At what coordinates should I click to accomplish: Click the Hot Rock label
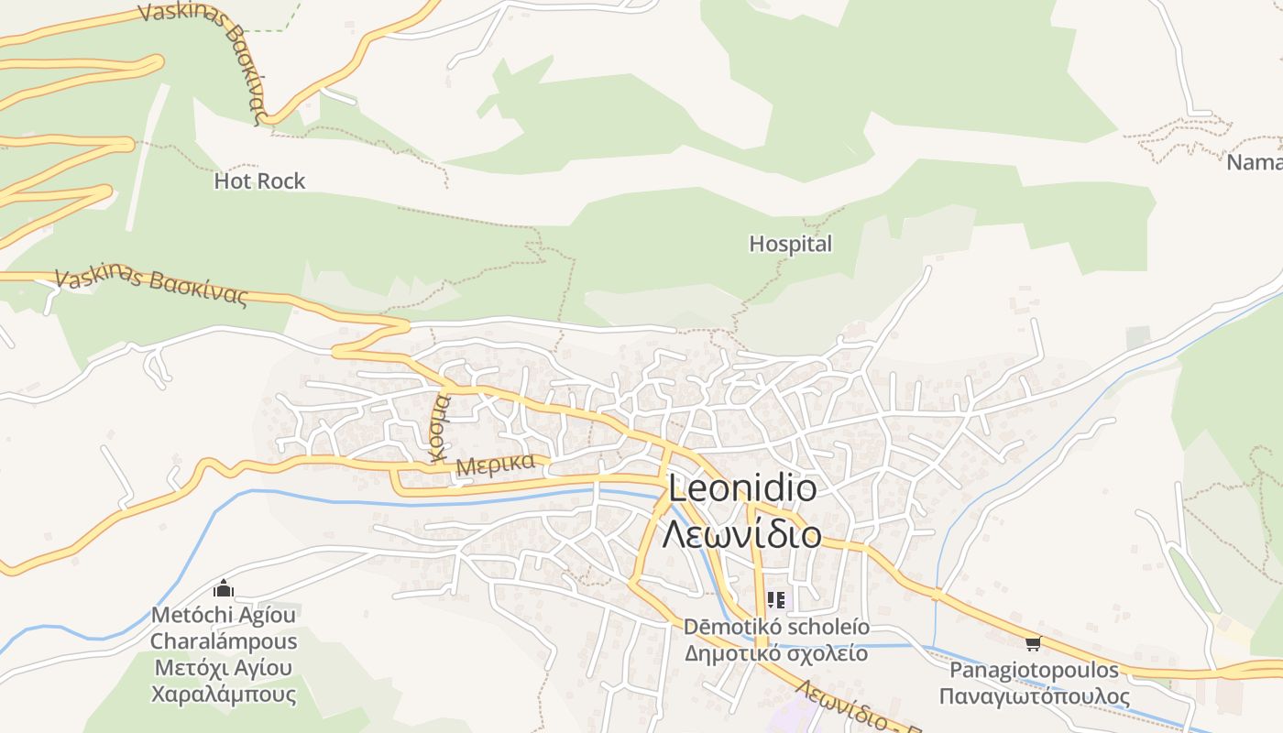coord(259,181)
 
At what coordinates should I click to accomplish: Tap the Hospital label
coord(790,244)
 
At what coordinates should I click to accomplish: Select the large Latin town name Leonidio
coord(742,488)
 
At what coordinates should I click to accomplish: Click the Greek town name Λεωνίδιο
coord(742,532)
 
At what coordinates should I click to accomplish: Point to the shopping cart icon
coord(1033,643)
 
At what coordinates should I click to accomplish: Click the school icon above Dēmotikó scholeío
coord(776,600)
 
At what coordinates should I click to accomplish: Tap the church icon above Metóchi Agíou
coord(224,589)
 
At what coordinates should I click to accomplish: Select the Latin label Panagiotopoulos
coord(1034,670)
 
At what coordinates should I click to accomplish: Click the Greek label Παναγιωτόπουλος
coord(1034,696)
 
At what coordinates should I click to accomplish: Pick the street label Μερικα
coord(495,464)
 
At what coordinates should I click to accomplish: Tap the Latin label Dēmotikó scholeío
coord(776,628)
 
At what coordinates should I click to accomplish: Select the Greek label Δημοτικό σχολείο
coord(776,653)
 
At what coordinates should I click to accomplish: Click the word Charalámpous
coord(224,641)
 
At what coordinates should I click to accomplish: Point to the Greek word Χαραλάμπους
coord(224,694)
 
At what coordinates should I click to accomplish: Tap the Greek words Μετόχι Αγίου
coord(224,667)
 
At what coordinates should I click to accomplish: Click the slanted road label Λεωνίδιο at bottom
coord(843,706)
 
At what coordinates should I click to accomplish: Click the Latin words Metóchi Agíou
coord(224,615)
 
